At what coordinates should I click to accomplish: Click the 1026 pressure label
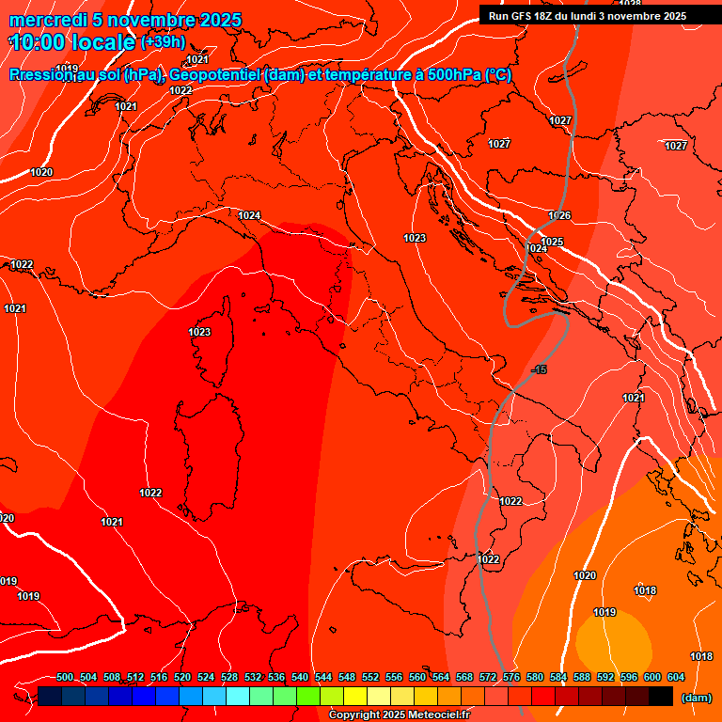coord(559,216)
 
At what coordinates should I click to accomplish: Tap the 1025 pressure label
coord(552,243)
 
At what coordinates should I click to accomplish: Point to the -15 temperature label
coord(539,369)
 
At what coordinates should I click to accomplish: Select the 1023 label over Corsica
coord(199,332)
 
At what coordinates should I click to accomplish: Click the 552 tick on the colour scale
coord(370,678)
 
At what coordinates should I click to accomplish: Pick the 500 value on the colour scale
coord(65,678)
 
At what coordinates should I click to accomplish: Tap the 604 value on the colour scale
coord(676,678)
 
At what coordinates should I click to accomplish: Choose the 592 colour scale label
coord(605,678)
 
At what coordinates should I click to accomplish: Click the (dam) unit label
coord(697,698)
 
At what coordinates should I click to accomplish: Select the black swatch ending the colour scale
coord(661,697)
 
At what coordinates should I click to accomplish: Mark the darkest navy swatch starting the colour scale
coord(50,697)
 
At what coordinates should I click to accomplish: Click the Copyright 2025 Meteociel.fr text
coord(399,715)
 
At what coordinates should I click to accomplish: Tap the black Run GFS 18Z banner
coord(588,16)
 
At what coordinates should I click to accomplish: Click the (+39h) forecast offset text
coord(163,42)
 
